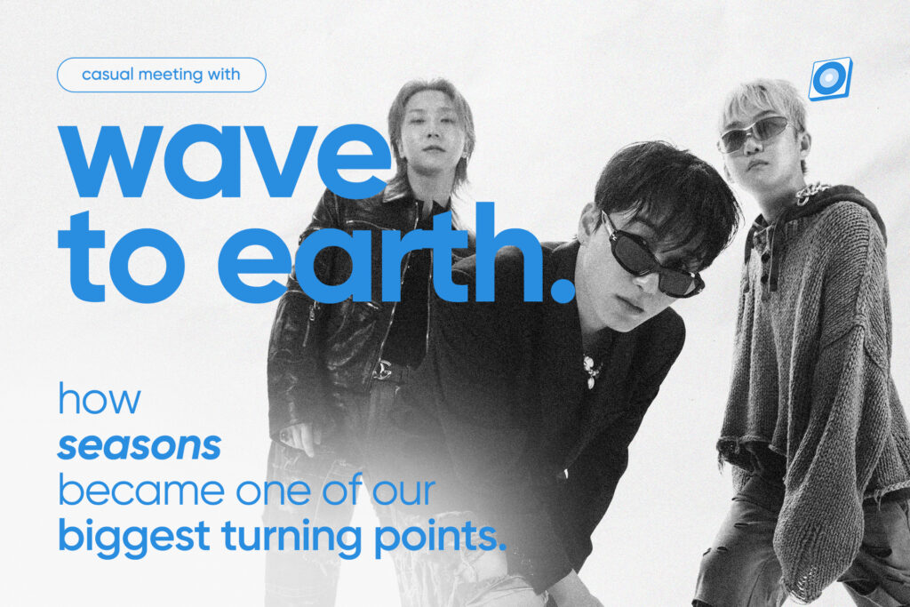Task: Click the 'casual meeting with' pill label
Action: point(162,75)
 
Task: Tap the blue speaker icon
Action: point(831,78)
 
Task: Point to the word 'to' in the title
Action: point(121,257)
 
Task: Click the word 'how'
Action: point(100,398)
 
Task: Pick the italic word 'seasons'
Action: point(140,446)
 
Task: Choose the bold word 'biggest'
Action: point(134,538)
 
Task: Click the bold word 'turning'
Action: point(291,538)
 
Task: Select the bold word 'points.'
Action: point(440,538)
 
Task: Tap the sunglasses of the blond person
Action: point(755,134)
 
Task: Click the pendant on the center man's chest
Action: point(591,371)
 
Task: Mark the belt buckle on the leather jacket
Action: point(382,370)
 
